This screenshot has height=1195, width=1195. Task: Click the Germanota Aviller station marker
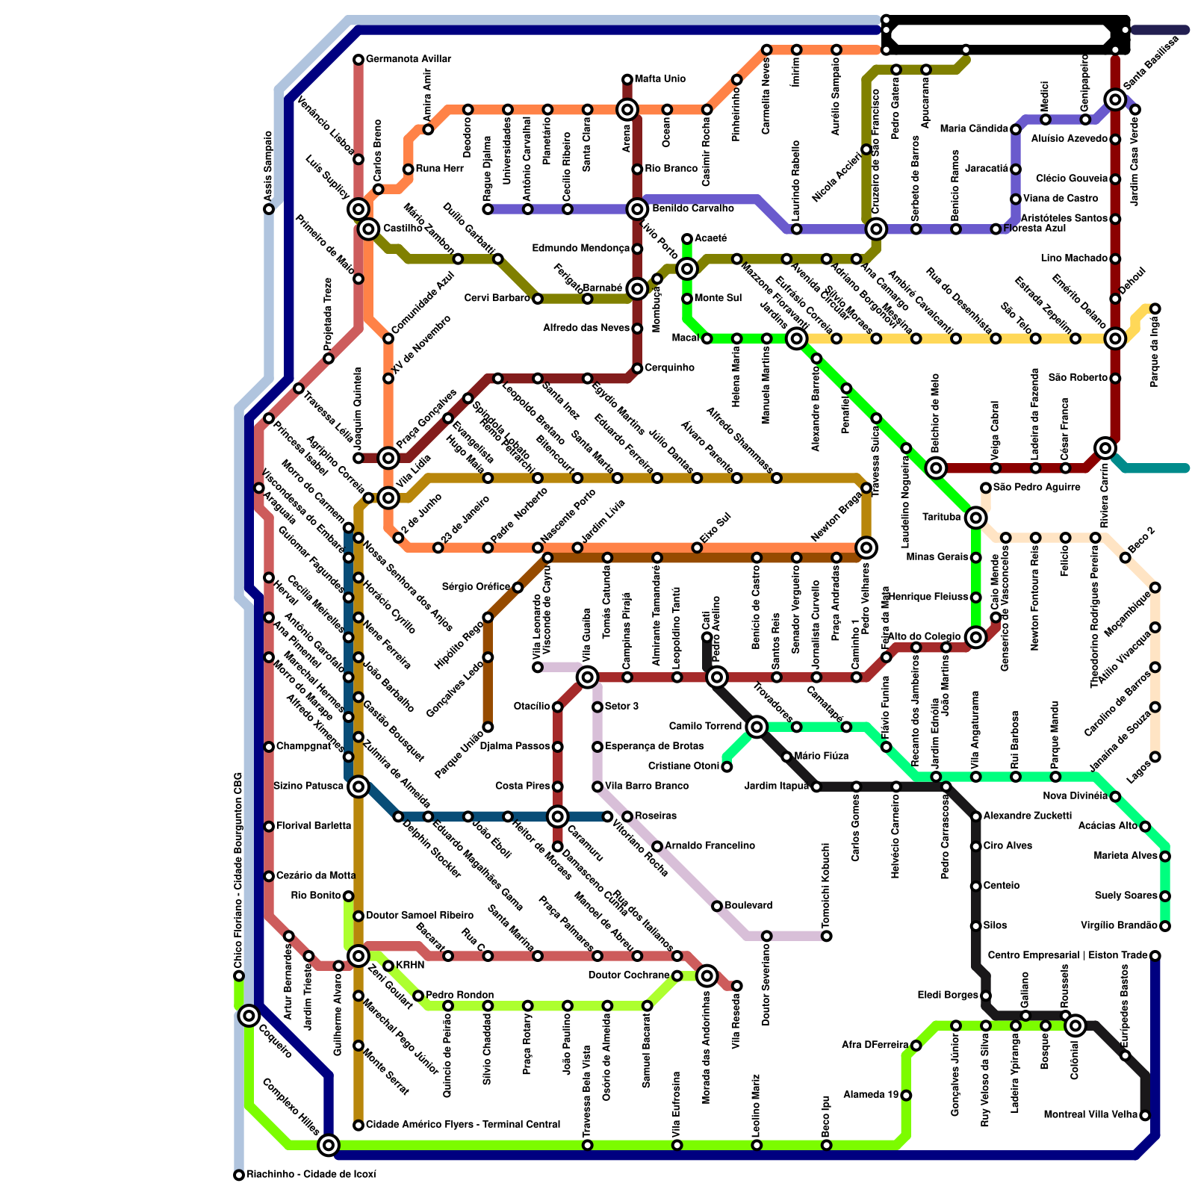[x=358, y=60]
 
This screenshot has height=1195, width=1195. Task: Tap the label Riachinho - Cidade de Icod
[x=311, y=1175]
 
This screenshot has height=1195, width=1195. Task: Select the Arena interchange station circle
[x=627, y=110]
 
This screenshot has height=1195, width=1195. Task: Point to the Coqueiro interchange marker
[x=249, y=1016]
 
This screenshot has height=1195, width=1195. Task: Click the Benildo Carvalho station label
[x=692, y=209]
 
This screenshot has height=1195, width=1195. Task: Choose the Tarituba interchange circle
[x=975, y=518]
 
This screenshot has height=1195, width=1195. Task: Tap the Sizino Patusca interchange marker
[x=358, y=786]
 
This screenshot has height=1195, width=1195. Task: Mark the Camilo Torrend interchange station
[x=757, y=727]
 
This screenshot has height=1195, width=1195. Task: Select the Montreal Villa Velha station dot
[x=1145, y=1116]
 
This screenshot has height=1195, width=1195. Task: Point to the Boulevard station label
[x=748, y=906]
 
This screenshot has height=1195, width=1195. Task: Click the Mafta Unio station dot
[x=627, y=79]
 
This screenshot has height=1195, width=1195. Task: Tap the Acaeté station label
[x=710, y=239]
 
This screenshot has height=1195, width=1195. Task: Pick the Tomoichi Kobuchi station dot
[x=826, y=936]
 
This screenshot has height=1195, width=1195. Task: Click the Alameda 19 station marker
[x=906, y=1096]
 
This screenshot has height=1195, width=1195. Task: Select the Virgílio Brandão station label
[x=1120, y=926]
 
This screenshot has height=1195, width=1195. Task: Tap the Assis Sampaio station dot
[x=269, y=209]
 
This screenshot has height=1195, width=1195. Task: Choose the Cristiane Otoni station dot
[x=727, y=766]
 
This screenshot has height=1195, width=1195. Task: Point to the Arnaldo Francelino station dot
[x=657, y=846]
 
